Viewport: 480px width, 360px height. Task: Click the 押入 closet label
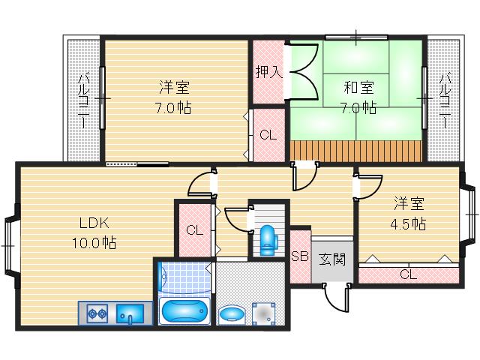268,72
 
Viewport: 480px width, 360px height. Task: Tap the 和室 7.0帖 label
358,97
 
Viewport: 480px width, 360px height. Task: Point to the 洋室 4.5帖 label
410,213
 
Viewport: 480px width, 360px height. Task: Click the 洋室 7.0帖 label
173,97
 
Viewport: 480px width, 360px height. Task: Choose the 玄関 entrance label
331,259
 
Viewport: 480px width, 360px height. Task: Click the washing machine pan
264,312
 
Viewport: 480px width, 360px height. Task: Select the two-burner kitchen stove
98,313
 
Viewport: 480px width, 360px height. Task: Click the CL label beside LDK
194,230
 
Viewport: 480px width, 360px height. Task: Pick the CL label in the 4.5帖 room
407,274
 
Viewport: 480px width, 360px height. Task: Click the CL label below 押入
267,135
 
